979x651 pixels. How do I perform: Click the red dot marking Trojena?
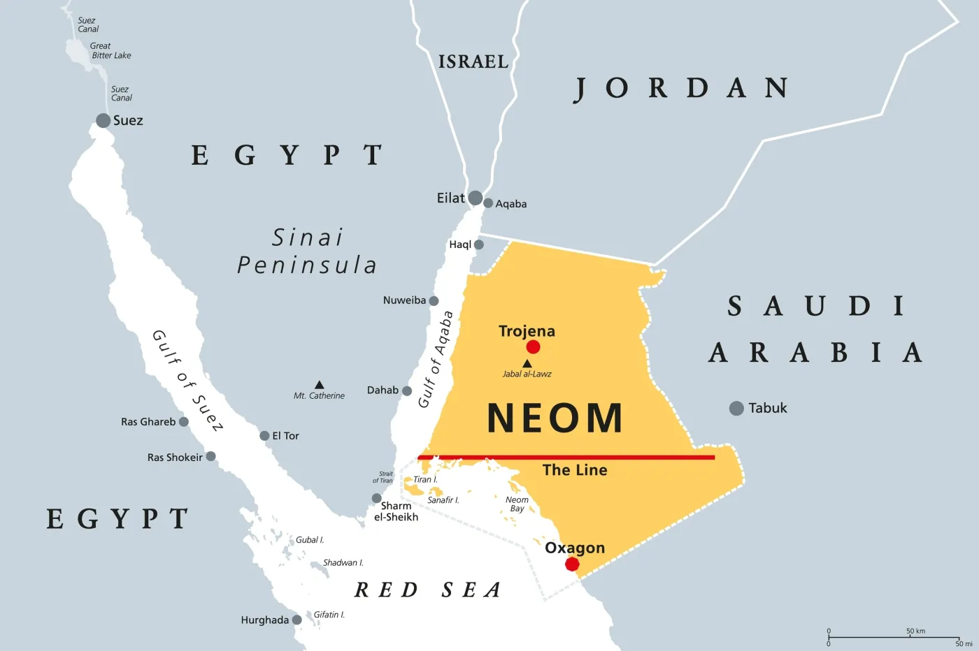533,347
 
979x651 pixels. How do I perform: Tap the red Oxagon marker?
572,564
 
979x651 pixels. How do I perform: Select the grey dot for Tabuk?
736,408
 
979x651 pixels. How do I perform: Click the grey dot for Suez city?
103,120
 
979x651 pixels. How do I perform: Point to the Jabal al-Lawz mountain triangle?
527,364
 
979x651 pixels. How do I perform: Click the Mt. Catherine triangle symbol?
319,385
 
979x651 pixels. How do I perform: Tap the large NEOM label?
555,418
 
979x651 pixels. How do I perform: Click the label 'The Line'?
575,470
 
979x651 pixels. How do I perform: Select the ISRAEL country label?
473,62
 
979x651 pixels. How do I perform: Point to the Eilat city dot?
476,198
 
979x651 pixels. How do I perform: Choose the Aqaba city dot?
488,203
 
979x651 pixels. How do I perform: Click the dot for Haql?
479,244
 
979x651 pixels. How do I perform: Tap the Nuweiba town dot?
434,301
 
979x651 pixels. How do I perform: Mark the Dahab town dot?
407,391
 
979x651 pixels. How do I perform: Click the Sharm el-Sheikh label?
396,511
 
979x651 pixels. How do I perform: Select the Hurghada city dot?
297,620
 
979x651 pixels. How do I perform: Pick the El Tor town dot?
264,436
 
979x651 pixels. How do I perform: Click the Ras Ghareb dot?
184,422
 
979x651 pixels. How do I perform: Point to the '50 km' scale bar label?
915,631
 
